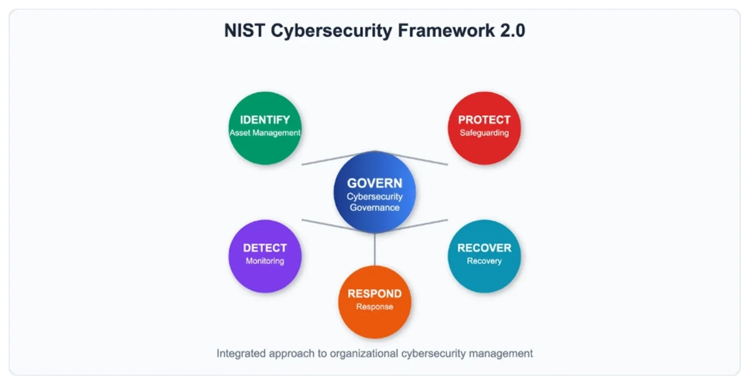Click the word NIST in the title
coord(245,31)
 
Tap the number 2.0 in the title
coord(513,31)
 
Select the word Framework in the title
coord(446,31)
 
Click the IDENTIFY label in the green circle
coord(265,119)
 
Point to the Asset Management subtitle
coord(265,133)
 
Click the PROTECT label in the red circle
coord(484,119)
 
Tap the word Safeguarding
coord(484,133)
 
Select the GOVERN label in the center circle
coord(374,184)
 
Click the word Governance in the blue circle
coord(374,207)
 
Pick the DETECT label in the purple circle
coord(265,248)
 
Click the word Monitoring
coord(265,261)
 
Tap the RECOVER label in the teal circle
coord(484,248)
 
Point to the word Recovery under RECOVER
coord(484,261)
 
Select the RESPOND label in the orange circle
coord(374,294)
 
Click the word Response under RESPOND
coord(374,306)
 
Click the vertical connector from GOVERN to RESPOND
coord(374,249)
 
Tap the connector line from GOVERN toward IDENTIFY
coord(338,158)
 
